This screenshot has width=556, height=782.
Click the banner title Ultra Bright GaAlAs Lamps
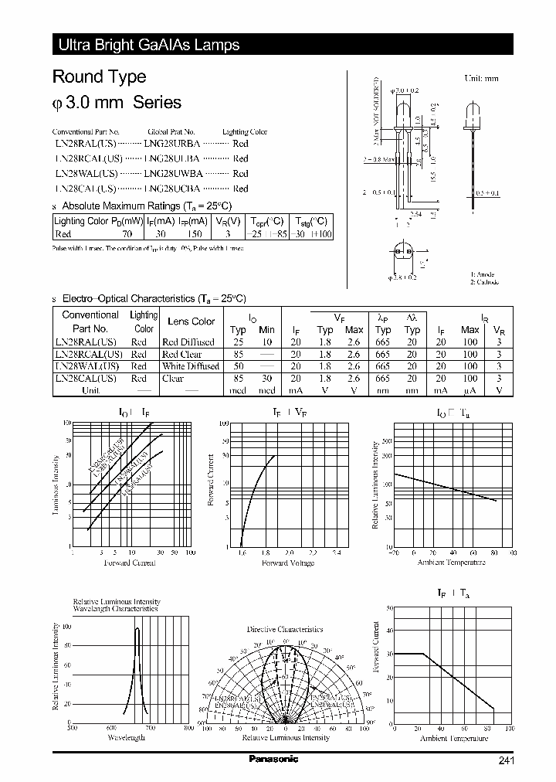(x=149, y=45)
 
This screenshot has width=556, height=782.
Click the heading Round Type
(x=99, y=77)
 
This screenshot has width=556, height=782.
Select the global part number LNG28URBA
(x=171, y=144)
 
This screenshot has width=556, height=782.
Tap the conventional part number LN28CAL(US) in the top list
(x=85, y=188)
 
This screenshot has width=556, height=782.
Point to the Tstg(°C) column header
(x=313, y=221)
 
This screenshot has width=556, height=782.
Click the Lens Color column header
(x=191, y=321)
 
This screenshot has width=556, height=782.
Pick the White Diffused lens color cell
(x=191, y=366)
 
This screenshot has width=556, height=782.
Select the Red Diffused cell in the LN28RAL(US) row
(x=188, y=342)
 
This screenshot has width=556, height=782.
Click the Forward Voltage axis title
(x=288, y=563)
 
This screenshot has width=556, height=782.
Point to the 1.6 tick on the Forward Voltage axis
(x=242, y=553)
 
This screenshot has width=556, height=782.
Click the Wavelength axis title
(x=126, y=738)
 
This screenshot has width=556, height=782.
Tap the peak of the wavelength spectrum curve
(x=137, y=628)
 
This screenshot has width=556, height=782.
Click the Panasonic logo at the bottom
(x=273, y=759)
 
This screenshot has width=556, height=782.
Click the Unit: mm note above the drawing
(x=482, y=79)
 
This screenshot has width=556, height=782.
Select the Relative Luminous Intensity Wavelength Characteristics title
(x=116, y=605)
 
